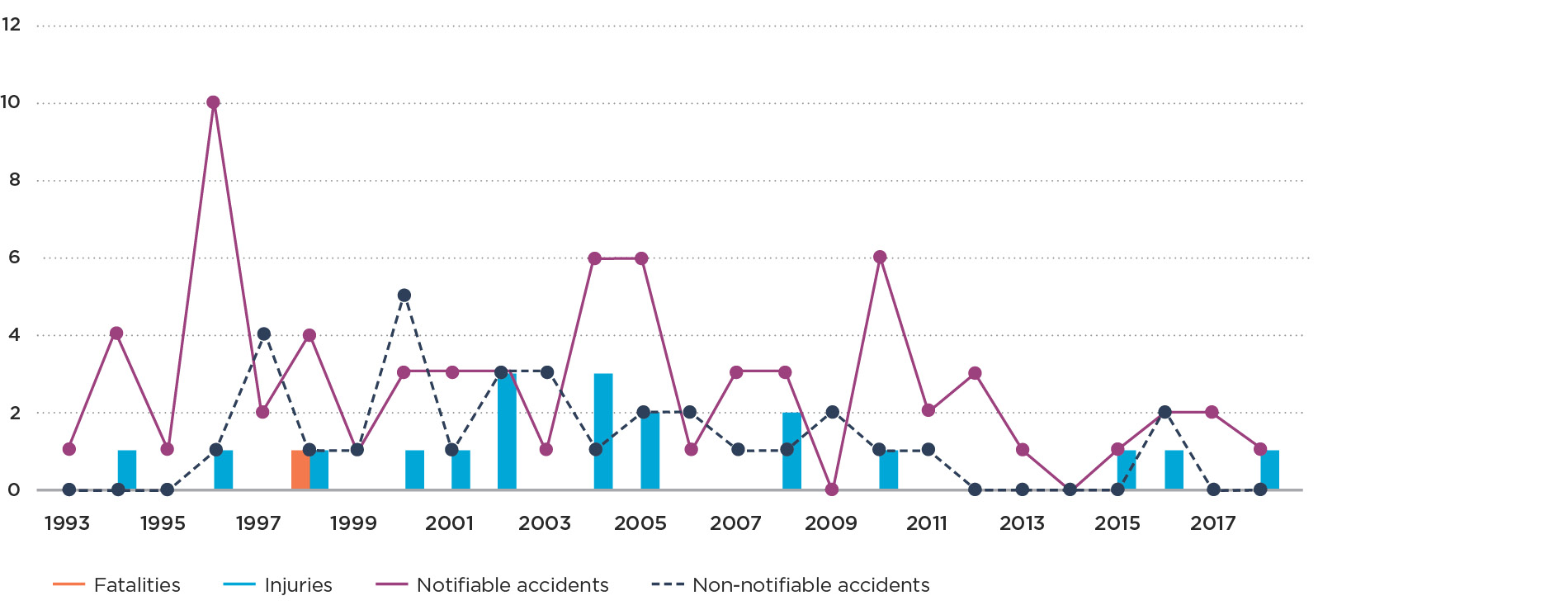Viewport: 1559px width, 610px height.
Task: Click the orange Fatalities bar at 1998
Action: (x=300, y=470)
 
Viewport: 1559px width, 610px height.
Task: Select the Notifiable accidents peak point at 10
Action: (x=213, y=102)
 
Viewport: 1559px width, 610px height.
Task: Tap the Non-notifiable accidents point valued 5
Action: (x=404, y=296)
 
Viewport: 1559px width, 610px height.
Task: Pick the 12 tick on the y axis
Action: (x=12, y=25)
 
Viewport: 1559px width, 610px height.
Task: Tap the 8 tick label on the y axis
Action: (x=14, y=180)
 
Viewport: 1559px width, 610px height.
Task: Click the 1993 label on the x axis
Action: (x=68, y=523)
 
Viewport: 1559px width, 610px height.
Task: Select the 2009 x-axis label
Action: (x=831, y=523)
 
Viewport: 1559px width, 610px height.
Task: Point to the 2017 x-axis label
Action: (x=1212, y=523)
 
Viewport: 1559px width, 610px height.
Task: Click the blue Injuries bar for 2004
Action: (x=603, y=432)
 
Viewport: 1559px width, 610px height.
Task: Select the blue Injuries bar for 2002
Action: (x=507, y=432)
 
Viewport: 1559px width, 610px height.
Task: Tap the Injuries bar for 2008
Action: (x=791, y=451)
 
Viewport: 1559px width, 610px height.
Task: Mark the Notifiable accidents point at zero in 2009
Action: (x=832, y=489)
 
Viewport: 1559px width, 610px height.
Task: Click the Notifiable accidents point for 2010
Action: (x=880, y=258)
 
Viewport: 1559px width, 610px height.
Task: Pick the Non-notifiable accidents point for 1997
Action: (x=263, y=334)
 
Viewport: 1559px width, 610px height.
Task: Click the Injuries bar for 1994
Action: (x=127, y=470)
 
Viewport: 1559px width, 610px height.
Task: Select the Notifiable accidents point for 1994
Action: (x=116, y=333)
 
